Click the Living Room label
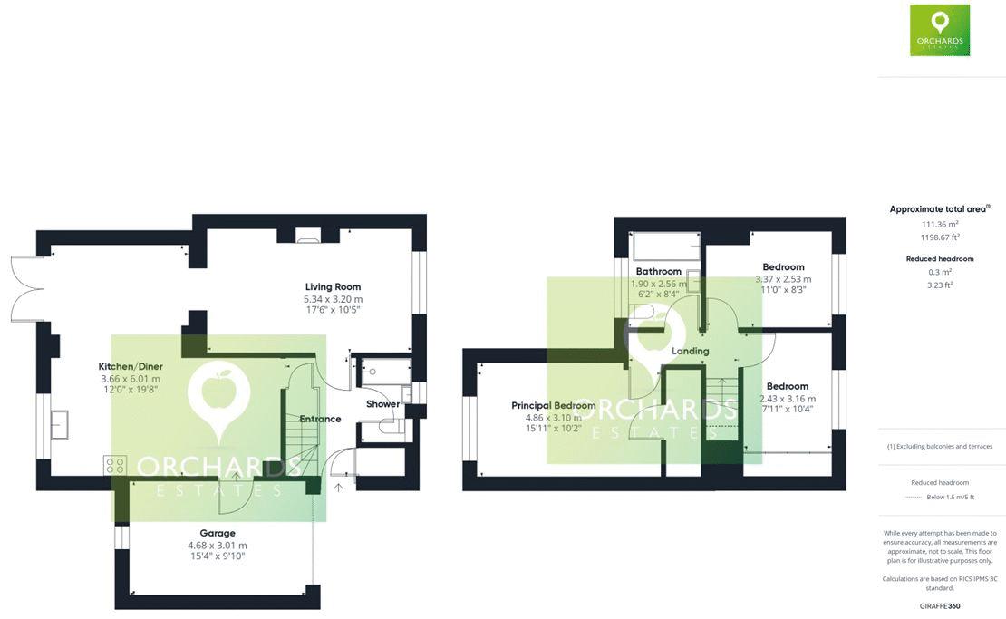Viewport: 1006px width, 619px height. (333, 287)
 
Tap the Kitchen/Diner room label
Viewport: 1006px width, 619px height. (130, 367)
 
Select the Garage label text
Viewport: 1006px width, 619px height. (218, 533)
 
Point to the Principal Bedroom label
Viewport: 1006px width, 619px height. (553, 406)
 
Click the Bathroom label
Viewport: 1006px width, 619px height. (658, 271)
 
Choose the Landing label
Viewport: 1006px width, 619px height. (690, 351)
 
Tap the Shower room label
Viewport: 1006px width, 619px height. (382, 404)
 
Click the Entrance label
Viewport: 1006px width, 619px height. (320, 419)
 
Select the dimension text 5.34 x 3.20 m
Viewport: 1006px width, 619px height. (333, 299)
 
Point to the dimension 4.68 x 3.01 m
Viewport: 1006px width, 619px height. (218, 546)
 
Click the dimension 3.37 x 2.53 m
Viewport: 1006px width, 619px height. (783, 279)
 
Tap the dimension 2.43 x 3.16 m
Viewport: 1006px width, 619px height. (787, 399)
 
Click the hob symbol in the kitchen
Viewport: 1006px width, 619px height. (115, 465)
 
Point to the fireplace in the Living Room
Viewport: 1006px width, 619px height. (308, 238)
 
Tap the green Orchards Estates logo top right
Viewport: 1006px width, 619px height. (940, 30)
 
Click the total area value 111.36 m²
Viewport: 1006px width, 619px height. (940, 225)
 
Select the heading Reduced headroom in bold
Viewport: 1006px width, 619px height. (940, 259)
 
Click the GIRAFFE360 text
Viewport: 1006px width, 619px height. (940, 605)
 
